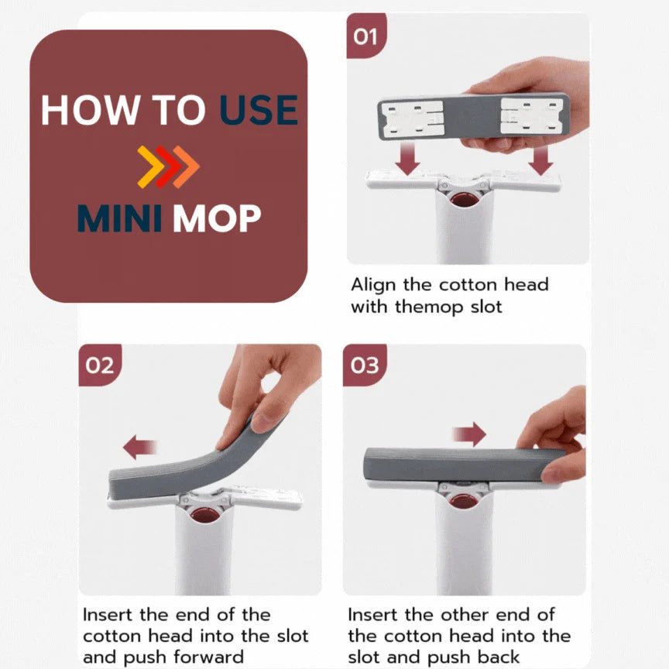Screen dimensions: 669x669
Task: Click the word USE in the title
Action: point(259,110)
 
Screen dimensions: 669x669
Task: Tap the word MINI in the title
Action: point(119,218)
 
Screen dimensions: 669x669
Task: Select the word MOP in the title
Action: point(217,218)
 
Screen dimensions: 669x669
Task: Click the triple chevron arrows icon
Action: point(168,166)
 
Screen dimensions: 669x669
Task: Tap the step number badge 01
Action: point(366,36)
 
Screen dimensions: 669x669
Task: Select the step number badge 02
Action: point(100,365)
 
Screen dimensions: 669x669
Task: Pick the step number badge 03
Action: point(365,365)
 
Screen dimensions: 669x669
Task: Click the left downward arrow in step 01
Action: point(407,159)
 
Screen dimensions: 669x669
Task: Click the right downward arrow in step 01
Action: point(540,161)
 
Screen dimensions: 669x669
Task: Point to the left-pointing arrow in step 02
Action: point(140,447)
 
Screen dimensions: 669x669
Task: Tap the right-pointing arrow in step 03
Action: point(469,434)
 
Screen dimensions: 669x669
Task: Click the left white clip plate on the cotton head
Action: point(413,119)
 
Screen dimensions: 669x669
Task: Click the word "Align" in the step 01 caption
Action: point(373,286)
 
